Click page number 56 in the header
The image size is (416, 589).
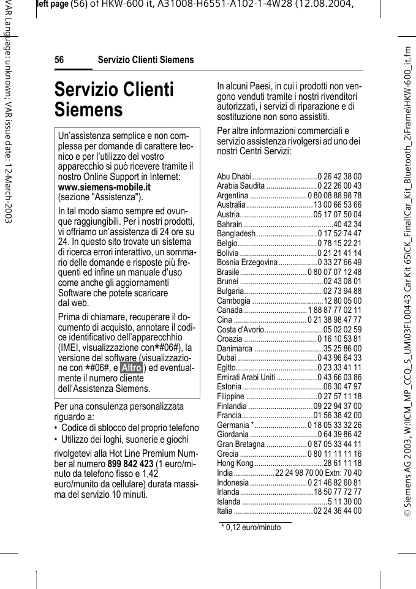(59, 60)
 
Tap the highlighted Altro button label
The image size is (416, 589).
(131, 367)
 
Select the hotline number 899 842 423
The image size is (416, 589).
(130, 464)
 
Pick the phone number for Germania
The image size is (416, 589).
(335, 425)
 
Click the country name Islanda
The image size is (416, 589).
(229, 501)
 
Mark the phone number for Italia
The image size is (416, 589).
(338, 511)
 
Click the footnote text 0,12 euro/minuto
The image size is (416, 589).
(253, 527)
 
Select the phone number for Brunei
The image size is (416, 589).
(342, 281)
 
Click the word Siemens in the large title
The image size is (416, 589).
(88, 110)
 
